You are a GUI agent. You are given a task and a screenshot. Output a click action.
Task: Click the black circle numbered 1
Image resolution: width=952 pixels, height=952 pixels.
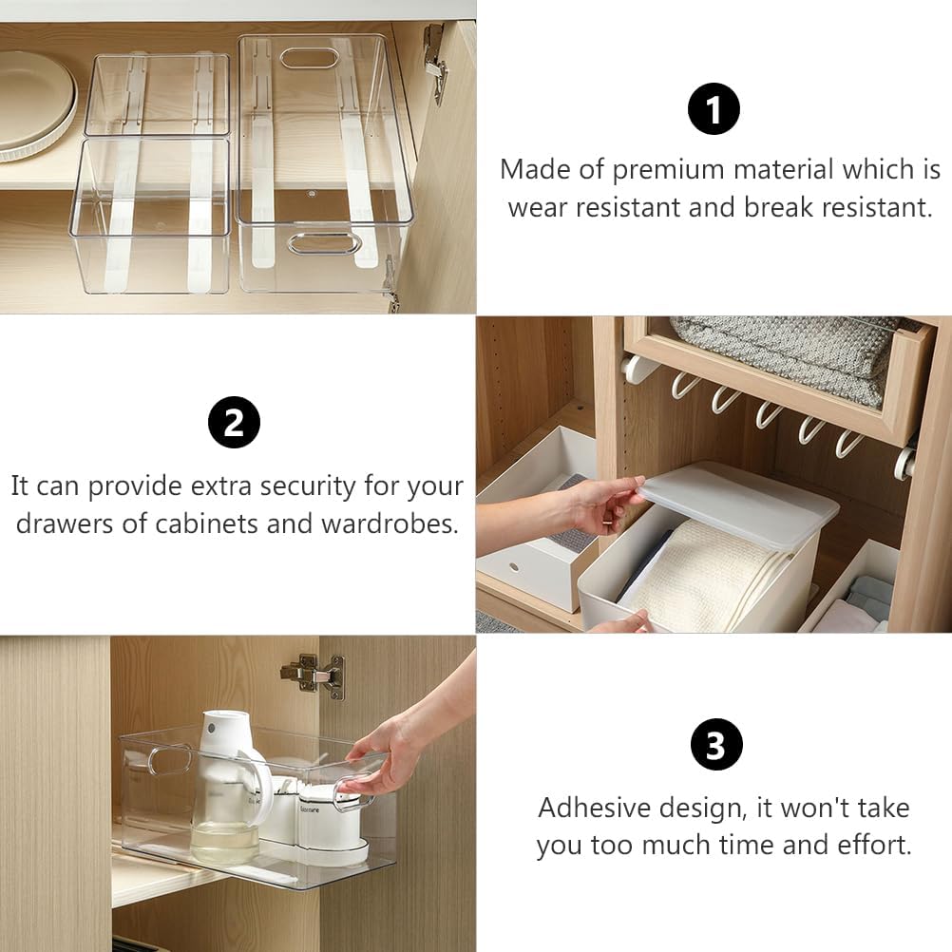pyautogui.click(x=714, y=109)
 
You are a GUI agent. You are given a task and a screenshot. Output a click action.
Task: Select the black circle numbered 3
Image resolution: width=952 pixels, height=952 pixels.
pyautogui.click(x=715, y=745)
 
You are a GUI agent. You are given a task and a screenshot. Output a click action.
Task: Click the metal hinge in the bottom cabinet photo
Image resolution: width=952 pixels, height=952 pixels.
pyautogui.click(x=314, y=674)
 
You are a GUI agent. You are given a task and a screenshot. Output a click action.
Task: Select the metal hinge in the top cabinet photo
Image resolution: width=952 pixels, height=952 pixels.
pyautogui.click(x=435, y=62)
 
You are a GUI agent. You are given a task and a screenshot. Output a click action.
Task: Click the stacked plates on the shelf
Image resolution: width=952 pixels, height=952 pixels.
pyautogui.click(x=36, y=105)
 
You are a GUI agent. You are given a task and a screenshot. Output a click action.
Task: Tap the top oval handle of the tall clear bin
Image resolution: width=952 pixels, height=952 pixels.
pyautogui.click(x=310, y=58)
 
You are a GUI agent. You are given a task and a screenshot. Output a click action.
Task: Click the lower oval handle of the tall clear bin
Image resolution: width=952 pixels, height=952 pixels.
pyautogui.click(x=324, y=243)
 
